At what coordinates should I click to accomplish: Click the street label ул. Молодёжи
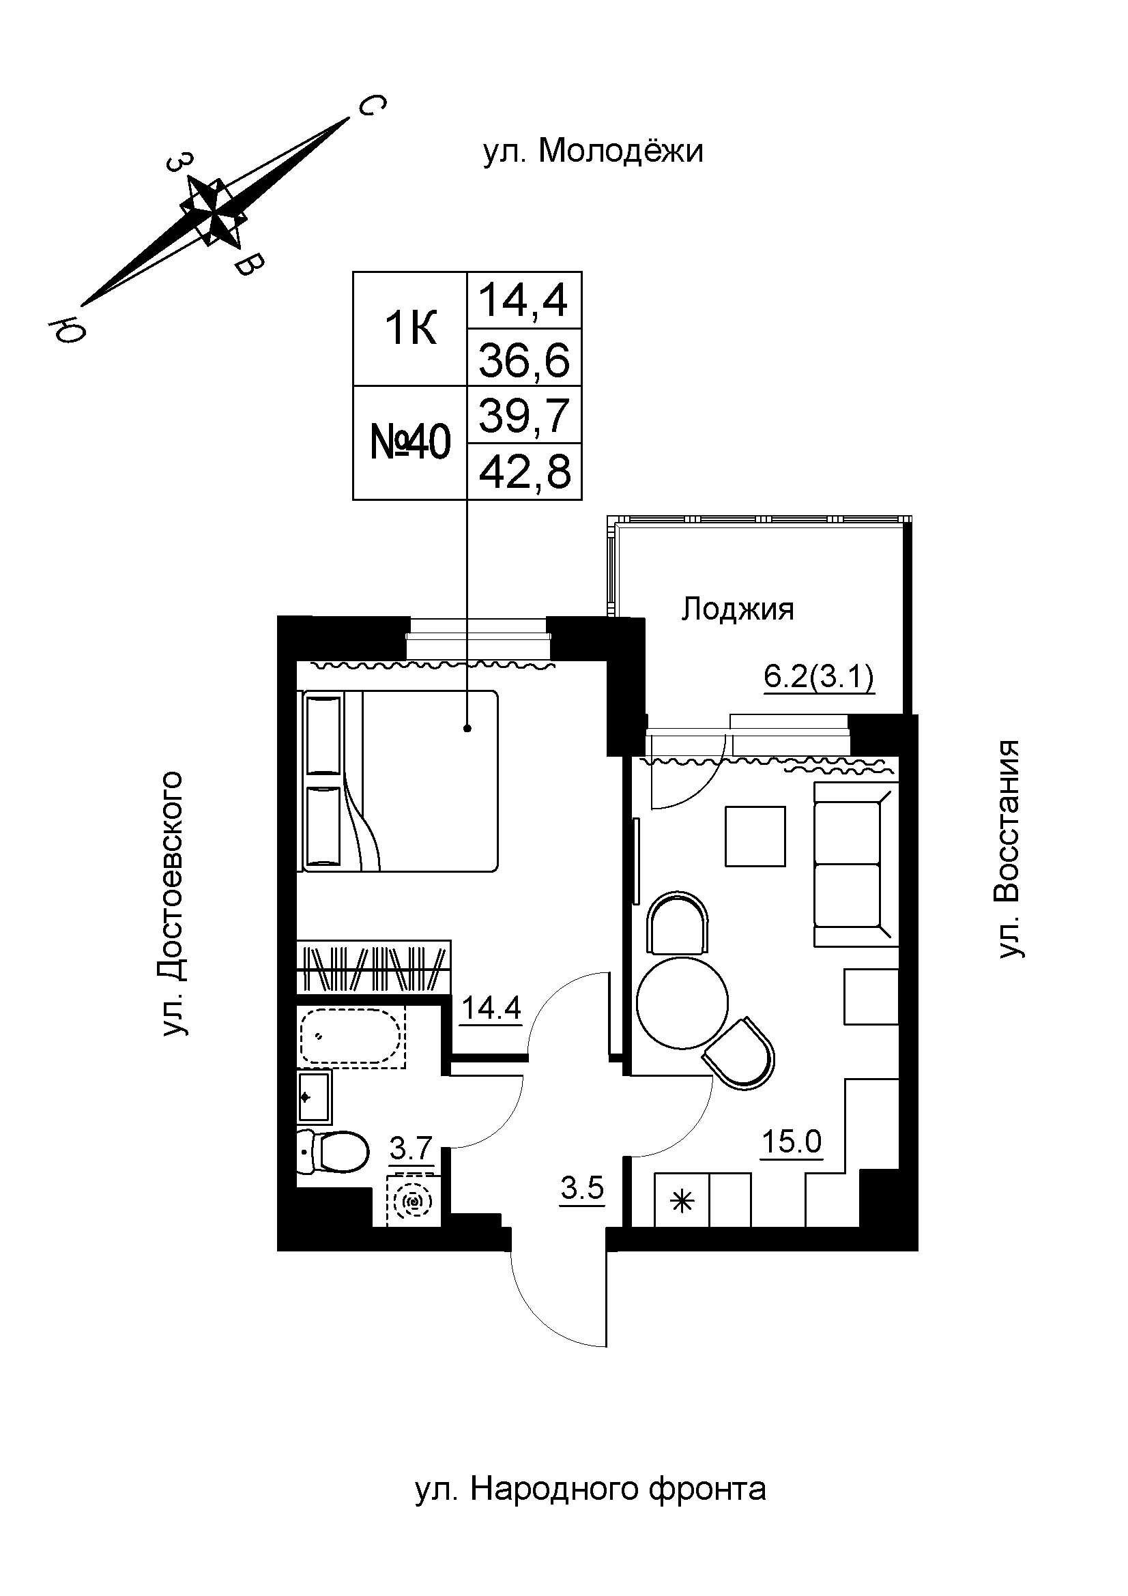593,151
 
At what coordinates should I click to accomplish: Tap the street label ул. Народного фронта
590,1489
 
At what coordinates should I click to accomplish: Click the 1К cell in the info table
410,329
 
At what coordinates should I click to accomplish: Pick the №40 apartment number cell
410,443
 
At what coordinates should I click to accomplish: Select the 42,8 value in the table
525,472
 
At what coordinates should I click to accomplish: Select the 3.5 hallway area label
582,1189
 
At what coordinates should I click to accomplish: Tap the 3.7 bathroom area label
411,1148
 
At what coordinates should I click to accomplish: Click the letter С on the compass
371,106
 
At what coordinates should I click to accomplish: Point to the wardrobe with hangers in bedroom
373,967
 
